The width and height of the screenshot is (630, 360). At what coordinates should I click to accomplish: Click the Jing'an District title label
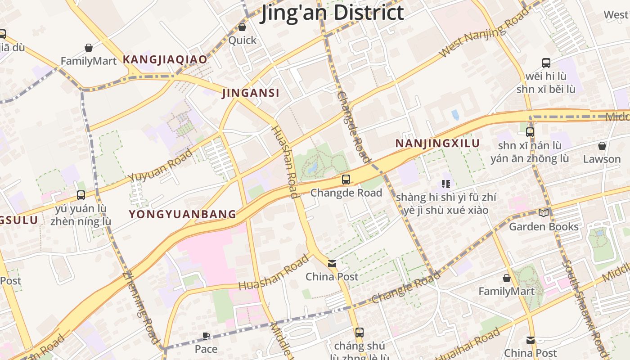pos(333,13)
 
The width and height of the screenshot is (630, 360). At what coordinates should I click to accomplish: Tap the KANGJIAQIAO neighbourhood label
pos(165,59)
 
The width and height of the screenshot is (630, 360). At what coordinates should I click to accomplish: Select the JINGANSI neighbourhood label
pos(251,93)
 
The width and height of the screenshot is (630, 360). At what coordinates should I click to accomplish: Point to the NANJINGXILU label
pos(437,144)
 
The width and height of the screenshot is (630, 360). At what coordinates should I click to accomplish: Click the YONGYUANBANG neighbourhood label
pos(183,214)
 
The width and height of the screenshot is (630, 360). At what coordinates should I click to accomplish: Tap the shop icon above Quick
pos(242,27)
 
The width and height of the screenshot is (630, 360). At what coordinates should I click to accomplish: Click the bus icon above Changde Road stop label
pos(346,180)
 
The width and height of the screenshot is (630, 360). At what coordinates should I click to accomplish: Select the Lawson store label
pos(602,159)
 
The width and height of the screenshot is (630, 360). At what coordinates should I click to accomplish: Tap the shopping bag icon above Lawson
pos(602,146)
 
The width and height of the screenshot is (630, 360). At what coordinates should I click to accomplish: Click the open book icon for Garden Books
pos(544,213)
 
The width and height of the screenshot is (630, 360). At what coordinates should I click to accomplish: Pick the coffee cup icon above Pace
pos(206,336)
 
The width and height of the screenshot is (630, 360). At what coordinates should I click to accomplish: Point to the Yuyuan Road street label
pos(160,165)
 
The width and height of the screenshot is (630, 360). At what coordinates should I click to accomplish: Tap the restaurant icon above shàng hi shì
pos(446,184)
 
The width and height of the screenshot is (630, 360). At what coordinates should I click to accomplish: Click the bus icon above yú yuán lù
pos(81,195)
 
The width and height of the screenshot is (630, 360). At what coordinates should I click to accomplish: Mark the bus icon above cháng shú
pos(359,333)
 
